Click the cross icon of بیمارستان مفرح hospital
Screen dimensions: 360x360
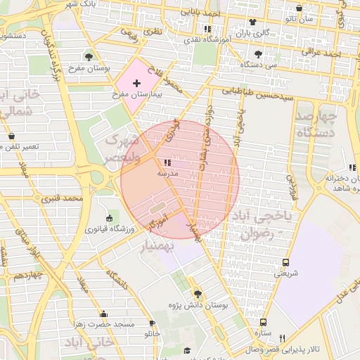tap(136, 84)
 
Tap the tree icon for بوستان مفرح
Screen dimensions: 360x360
tap(88, 56)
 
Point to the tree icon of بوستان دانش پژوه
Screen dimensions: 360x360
tap(197, 293)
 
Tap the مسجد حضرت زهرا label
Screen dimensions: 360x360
tap(105, 325)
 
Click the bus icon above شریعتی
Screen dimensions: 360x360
tap(285, 262)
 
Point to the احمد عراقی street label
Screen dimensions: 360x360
tap(321, 52)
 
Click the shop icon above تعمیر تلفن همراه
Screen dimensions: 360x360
tap(11, 136)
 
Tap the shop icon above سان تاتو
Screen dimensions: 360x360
tap(300, 8)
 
